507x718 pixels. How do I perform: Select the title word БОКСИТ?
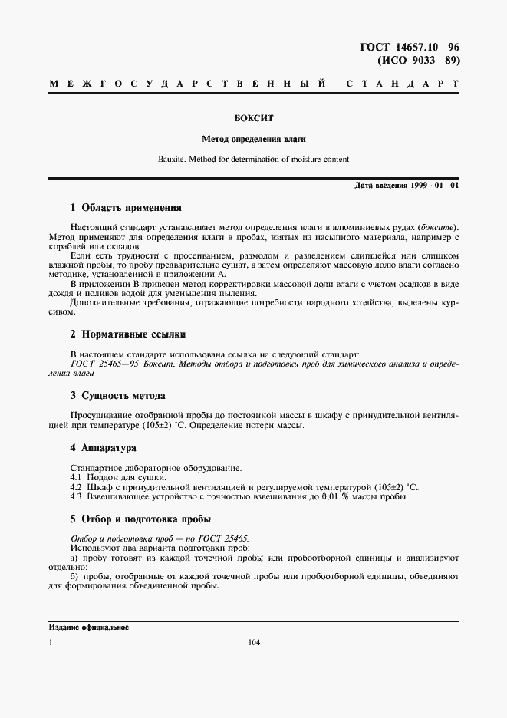[x=253, y=119]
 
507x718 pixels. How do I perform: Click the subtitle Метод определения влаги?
[x=253, y=140]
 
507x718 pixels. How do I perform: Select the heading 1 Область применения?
[x=125, y=207]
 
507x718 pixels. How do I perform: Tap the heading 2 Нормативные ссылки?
[x=127, y=334]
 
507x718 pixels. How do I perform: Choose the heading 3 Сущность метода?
[x=117, y=396]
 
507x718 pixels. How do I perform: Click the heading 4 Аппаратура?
[x=103, y=447]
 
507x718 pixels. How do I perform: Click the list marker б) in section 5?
[x=74, y=575]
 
